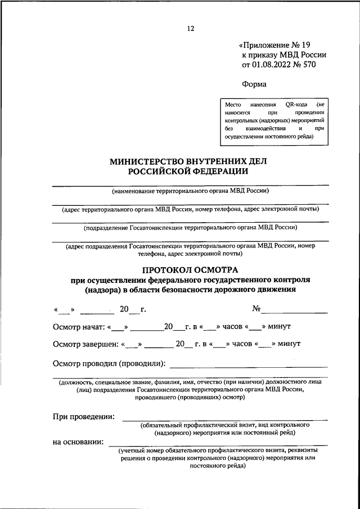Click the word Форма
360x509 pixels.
pos(254,84)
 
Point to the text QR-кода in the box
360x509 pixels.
pos(297,105)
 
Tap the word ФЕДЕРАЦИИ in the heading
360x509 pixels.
pos(215,171)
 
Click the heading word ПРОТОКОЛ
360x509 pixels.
pos(168,270)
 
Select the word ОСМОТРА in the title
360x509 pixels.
pos(218,270)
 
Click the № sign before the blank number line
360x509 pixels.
pos(256,309)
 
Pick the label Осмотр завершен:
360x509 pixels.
pos(85,344)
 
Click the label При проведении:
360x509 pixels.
pos(84,417)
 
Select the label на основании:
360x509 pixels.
pos(78,442)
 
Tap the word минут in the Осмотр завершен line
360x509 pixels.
pos(289,344)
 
